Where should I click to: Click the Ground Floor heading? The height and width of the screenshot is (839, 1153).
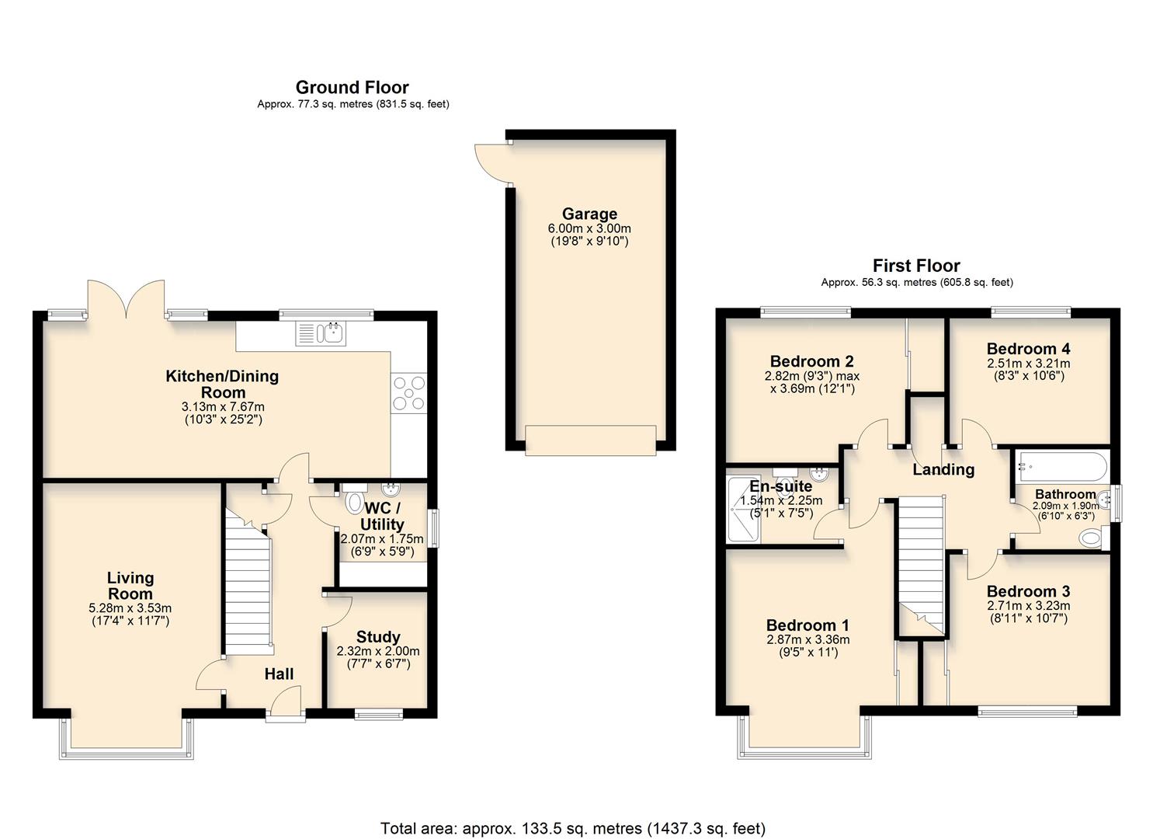(x=352, y=87)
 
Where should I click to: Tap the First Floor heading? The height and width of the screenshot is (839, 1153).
(x=916, y=266)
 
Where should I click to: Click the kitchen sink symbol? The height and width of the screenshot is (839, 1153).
(x=321, y=334)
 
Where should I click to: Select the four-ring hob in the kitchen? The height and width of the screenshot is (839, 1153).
(x=409, y=392)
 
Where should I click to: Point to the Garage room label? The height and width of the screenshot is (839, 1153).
(x=589, y=214)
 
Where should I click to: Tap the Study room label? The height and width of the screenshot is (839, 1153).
(x=378, y=637)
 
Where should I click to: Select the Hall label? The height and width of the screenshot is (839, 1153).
(x=279, y=674)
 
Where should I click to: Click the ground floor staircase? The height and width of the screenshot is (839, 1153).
(x=248, y=583)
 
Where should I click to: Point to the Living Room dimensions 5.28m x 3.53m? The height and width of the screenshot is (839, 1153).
(x=130, y=607)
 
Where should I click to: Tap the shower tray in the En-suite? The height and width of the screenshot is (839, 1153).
(x=743, y=509)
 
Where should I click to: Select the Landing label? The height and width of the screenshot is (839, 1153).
(x=943, y=469)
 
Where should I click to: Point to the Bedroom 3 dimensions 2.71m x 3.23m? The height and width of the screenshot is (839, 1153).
(x=1028, y=606)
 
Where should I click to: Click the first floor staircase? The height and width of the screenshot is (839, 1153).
(x=922, y=559)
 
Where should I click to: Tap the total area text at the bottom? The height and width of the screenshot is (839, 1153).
(x=572, y=828)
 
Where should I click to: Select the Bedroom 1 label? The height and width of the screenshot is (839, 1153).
(x=807, y=625)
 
